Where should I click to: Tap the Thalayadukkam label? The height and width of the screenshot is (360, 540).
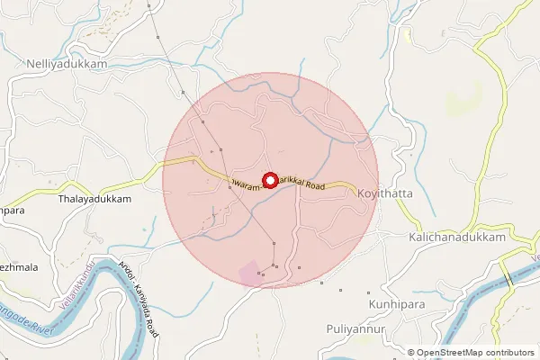pyautogui.click(x=94, y=199)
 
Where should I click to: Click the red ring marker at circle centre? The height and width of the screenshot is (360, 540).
pyautogui.click(x=268, y=180)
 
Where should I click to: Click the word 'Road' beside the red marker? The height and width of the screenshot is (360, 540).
pyautogui.click(x=313, y=184)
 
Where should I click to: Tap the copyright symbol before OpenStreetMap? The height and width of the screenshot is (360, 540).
pyautogui.click(x=411, y=353)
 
